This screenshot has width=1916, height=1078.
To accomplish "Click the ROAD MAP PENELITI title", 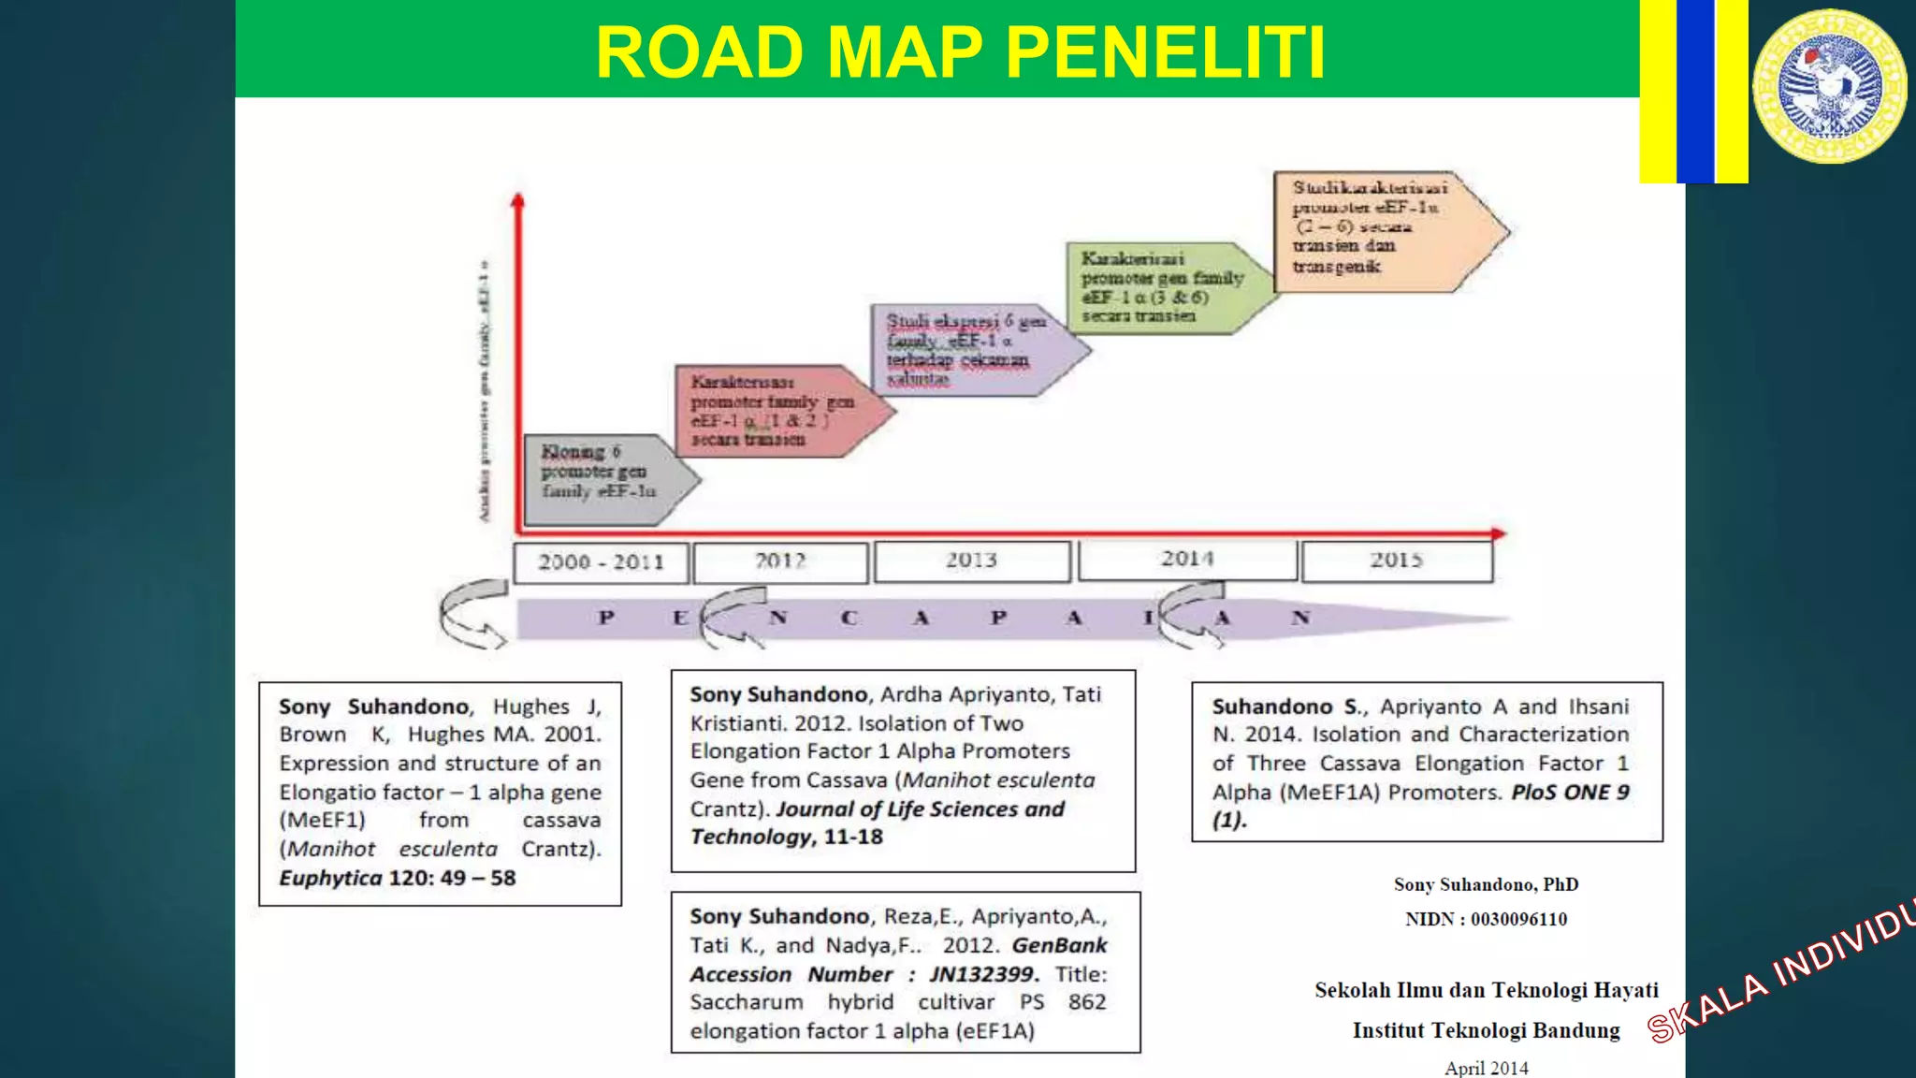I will [960, 51].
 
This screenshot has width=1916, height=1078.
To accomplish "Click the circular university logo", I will [1829, 86].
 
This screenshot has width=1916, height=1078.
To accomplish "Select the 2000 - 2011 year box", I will [601, 562].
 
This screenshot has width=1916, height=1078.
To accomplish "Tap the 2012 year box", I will [780, 561].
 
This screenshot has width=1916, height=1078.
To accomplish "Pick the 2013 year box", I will [971, 561].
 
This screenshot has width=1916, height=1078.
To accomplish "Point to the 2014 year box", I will [1187, 560].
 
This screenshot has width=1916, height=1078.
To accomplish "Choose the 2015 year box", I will [1396, 561].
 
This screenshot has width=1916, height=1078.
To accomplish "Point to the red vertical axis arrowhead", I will [517, 200].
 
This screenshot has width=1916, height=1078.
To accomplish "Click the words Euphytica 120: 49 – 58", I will [397, 878].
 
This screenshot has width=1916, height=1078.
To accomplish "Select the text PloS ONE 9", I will [1570, 792].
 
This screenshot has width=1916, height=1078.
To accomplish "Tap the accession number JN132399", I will [982, 974].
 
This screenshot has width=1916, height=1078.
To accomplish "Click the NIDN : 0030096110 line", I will [1486, 919].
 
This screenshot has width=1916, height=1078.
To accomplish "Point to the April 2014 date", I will [1486, 1068].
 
